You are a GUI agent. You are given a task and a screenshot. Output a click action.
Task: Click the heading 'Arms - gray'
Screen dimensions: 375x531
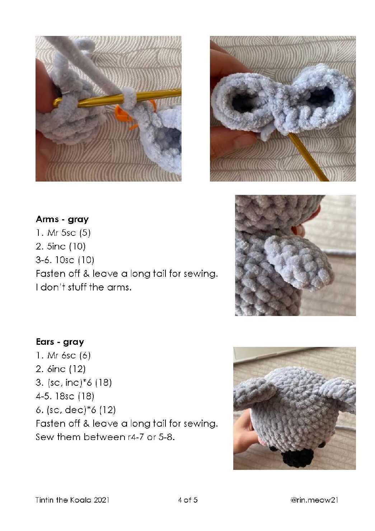[x=62, y=220]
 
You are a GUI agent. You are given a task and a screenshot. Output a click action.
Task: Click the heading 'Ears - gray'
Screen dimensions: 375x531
[x=60, y=342]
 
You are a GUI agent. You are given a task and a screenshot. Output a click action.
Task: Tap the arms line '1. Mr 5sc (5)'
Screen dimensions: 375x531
[x=63, y=233]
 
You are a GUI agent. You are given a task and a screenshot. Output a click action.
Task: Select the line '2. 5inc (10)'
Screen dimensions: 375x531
[x=61, y=247]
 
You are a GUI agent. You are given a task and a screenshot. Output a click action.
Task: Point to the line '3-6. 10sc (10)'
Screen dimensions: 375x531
[x=65, y=260]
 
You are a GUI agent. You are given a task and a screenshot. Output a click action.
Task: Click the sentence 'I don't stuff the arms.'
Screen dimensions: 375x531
[x=84, y=287]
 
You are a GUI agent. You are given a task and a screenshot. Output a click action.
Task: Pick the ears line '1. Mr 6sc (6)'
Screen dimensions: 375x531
[x=63, y=355]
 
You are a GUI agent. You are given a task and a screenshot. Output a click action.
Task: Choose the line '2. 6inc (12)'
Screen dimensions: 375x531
[x=61, y=369]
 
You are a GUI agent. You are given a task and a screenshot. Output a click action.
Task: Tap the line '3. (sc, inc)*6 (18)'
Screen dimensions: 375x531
[x=74, y=383]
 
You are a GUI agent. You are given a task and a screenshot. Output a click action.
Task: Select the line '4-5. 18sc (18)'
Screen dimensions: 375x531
[x=65, y=396]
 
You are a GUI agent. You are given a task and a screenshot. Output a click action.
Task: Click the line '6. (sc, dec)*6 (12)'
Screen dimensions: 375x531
[x=76, y=410]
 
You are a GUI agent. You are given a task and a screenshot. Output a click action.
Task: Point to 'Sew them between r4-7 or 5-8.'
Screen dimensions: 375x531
[x=105, y=437]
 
